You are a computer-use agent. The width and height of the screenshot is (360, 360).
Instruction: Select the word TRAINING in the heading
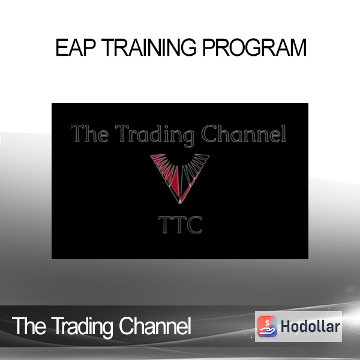point(149,47)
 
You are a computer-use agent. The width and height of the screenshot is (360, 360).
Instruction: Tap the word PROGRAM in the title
point(254,47)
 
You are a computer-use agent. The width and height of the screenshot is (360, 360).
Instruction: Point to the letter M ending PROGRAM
point(298,47)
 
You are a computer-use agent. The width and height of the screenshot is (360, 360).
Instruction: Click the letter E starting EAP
point(62,47)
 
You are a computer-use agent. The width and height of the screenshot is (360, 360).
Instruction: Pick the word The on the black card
point(89,133)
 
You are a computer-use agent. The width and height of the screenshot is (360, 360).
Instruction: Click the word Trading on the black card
point(154,136)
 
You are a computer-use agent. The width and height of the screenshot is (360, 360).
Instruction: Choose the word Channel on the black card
point(244,133)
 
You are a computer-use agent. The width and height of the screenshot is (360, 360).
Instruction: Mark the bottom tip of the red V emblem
point(180,203)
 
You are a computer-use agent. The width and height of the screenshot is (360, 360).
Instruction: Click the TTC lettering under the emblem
point(180,225)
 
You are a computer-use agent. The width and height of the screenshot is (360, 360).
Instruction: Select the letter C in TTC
point(194,225)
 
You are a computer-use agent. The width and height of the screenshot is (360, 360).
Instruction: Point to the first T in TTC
point(165,225)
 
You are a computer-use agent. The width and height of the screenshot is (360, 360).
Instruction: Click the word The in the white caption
point(29,326)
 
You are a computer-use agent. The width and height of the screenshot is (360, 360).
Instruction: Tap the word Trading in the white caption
point(82,328)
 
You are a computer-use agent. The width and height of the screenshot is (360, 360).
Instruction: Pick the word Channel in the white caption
point(155,326)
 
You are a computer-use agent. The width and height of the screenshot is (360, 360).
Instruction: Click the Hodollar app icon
point(267,326)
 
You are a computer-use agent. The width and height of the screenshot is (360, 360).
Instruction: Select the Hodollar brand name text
point(310,326)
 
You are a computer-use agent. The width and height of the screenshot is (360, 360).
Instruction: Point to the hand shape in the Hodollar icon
point(267,331)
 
